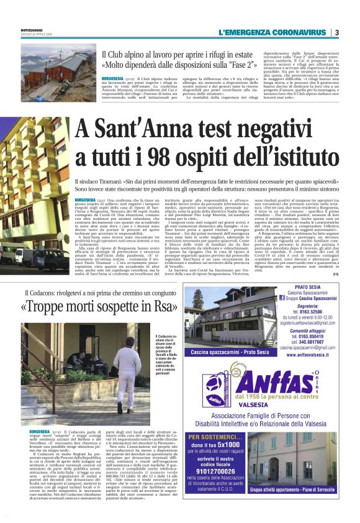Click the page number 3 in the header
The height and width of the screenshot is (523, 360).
pos(336,32)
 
